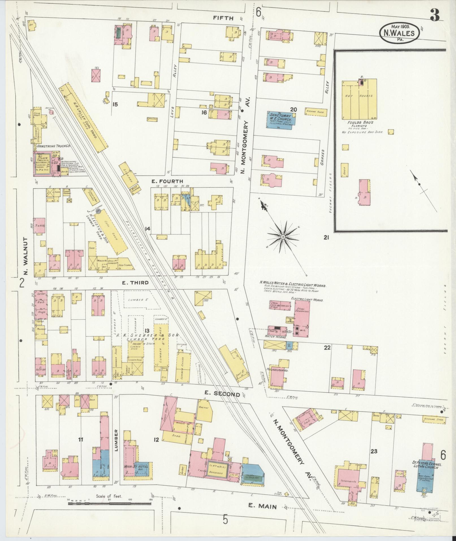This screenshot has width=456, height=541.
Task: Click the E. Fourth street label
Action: coord(167,181)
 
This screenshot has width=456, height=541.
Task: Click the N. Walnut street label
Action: coord(25,256)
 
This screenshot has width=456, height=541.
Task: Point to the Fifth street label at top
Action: coord(223,18)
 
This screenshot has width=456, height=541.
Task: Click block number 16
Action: coord(204,113)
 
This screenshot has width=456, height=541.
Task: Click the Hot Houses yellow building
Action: coord(359,99)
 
